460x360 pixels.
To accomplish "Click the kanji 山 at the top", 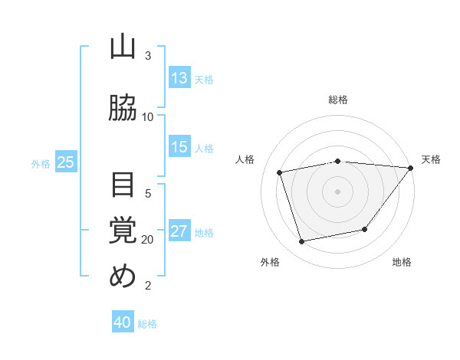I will pyautogui.click(x=123, y=47).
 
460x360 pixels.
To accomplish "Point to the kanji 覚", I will pyautogui.click(x=123, y=231).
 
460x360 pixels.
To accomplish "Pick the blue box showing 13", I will pyautogui.click(x=179, y=77).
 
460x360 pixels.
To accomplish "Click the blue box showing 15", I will pyautogui.click(x=179, y=148).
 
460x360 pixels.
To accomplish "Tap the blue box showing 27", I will pyautogui.click(x=179, y=231).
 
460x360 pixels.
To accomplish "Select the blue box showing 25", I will pyautogui.click(x=66, y=162).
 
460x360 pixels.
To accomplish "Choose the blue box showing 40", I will pyautogui.click(x=123, y=322).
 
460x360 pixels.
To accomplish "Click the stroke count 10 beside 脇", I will pyautogui.click(x=148, y=116).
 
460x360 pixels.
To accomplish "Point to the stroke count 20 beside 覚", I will pyautogui.click(x=148, y=239).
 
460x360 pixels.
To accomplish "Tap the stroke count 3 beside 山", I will pyautogui.click(x=148, y=56).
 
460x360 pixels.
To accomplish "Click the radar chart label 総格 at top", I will pyautogui.click(x=338, y=100).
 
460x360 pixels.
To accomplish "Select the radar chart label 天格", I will pyautogui.click(x=431, y=159).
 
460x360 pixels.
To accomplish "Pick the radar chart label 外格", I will pyautogui.click(x=270, y=262).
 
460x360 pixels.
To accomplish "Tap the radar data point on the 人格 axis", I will pyautogui.click(x=280, y=172).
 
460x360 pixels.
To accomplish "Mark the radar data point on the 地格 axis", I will pyautogui.click(x=365, y=229).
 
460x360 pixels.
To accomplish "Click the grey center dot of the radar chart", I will pyautogui.click(x=338, y=191).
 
